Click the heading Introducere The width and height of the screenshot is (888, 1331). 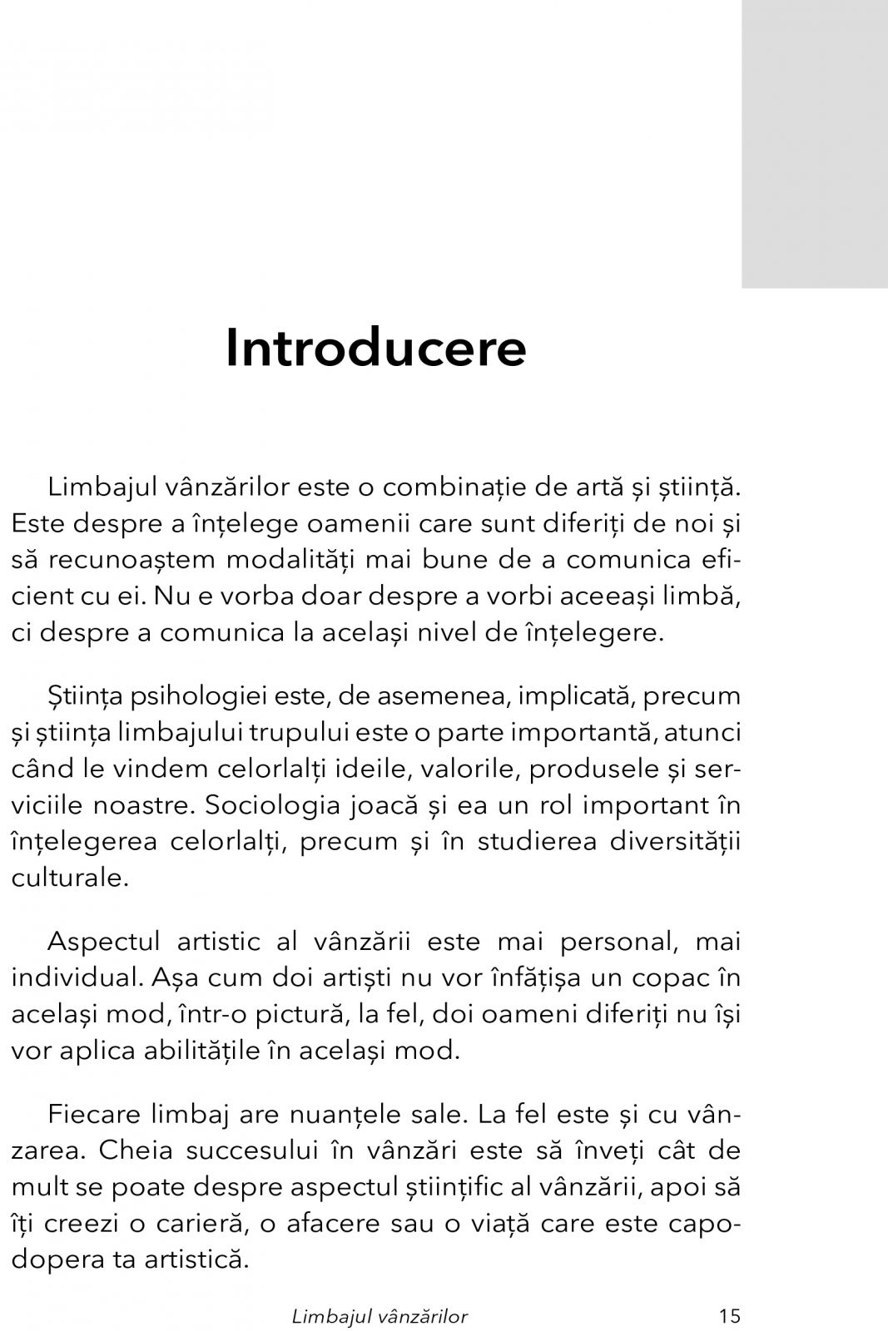(x=375, y=348)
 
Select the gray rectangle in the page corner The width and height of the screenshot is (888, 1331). (x=814, y=143)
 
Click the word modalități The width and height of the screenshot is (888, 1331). (x=320, y=559)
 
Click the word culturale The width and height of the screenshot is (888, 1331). (x=70, y=878)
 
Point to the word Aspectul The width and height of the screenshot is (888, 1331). (x=104, y=942)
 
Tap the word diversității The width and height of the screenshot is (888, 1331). (x=675, y=841)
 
